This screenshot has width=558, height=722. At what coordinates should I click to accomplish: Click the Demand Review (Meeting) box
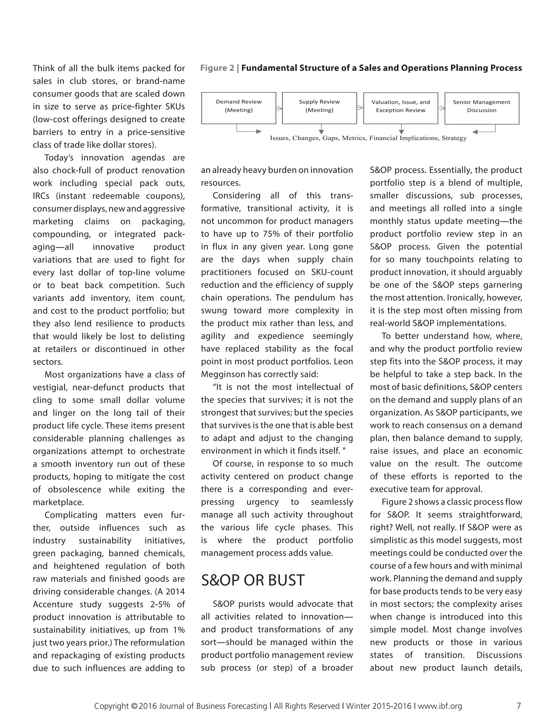tap(239, 108)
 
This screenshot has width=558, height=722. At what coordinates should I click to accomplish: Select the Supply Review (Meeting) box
tap(319, 108)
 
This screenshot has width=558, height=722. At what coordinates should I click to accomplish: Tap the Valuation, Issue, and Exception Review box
tap(401, 108)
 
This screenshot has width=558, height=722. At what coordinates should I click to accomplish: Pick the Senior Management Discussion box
tap(482, 108)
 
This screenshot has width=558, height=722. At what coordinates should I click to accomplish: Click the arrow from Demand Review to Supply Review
tap(279, 108)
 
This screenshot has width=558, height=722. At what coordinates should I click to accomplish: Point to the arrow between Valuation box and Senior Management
tap(442, 108)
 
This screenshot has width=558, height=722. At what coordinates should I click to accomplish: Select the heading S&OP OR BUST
tap(253, 580)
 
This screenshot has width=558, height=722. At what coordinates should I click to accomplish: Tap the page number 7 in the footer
tap(518, 706)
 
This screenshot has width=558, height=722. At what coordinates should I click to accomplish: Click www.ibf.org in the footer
tap(440, 706)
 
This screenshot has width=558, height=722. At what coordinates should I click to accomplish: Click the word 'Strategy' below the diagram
tap(454, 138)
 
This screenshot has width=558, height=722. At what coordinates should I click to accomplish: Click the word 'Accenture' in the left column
tap(53, 604)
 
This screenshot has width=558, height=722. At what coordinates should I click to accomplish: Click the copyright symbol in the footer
tap(134, 706)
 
